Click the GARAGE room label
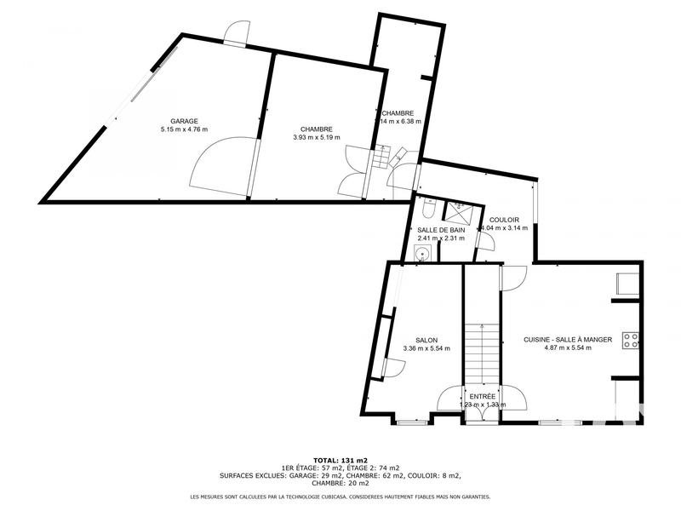(184, 121)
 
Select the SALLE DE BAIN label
(441, 230)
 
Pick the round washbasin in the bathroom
(421, 252)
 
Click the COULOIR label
(505, 220)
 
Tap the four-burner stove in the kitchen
(631, 341)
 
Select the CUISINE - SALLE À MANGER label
(568, 340)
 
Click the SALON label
(426, 340)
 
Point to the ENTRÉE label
(483, 396)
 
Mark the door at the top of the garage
(234, 32)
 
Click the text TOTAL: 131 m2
(340, 459)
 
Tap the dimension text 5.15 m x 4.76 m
(184, 129)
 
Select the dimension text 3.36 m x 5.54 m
(426, 348)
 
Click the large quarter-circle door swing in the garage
(218, 168)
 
